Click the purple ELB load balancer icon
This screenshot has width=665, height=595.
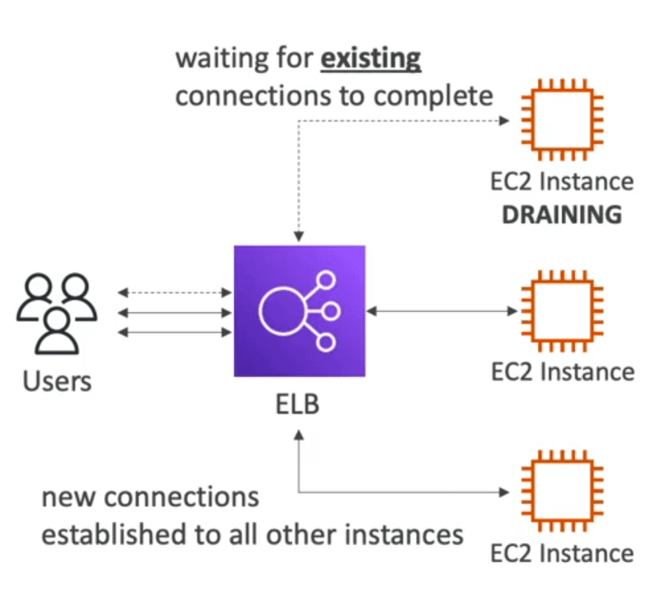[299, 311]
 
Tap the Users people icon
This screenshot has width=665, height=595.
[57, 313]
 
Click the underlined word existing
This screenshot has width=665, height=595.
[371, 59]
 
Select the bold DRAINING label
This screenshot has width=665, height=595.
[562, 215]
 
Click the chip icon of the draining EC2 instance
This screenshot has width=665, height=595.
[562, 120]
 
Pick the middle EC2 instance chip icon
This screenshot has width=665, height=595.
[562, 311]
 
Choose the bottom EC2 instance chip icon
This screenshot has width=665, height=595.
[562, 491]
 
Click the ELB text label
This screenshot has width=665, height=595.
[297, 404]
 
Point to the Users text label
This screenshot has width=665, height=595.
[57, 381]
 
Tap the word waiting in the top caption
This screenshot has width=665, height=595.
[222, 58]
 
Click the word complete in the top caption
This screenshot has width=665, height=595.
[433, 97]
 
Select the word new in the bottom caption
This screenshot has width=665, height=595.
[68, 497]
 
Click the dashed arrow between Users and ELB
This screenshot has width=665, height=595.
[175, 292]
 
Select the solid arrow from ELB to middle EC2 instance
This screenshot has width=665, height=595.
[442, 311]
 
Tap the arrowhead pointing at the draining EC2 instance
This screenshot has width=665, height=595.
[504, 121]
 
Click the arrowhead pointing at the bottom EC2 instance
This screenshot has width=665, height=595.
[504, 493]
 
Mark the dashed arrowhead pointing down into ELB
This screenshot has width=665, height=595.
[299, 237]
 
